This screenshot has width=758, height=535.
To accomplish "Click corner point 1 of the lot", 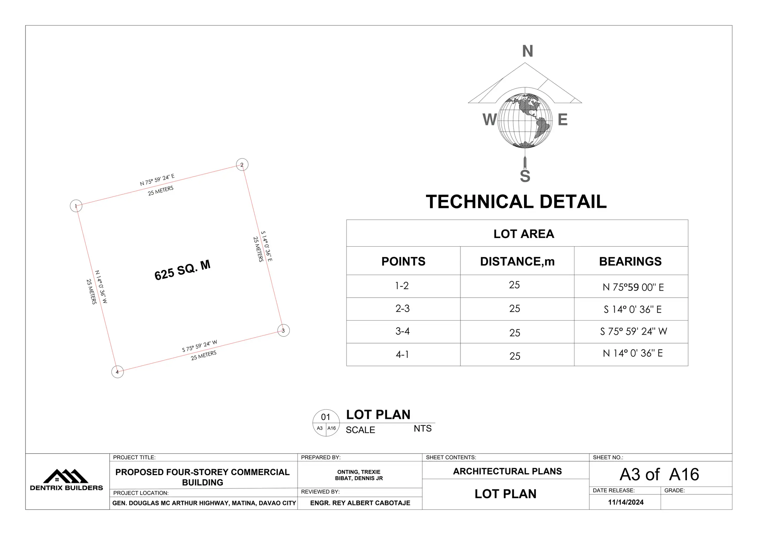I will coord(76,206).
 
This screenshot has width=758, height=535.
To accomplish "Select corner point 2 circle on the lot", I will coord(242,165).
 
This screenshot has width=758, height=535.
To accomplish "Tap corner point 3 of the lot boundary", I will coord(284,331).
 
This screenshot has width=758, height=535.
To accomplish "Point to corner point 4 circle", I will coord(117,372).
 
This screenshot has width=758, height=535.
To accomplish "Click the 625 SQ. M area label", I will coord(182,270).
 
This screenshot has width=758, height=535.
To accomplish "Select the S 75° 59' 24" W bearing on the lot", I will coord(199,346).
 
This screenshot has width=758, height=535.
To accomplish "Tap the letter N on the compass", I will coord(527,51).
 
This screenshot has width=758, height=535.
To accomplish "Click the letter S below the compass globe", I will coord(525,176).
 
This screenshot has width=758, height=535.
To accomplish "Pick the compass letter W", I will coord(489,120).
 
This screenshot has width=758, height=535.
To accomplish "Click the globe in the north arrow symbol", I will coord(525,118).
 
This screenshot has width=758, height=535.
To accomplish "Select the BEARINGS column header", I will coord(630,261).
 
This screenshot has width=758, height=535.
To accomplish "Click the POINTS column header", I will coord(403,261).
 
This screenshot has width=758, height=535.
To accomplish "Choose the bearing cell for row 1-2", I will coord(633,287).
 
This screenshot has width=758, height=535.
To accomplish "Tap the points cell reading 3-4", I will coord(403,331).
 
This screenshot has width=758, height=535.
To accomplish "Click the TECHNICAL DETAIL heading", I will coord(516,202).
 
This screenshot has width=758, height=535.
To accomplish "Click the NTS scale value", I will coord(423,429).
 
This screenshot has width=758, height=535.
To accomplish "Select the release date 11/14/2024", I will coord(626,502).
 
